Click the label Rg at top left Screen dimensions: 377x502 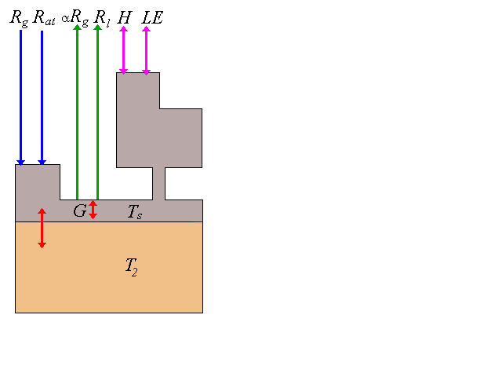point(19,17)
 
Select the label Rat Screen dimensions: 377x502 point(44,17)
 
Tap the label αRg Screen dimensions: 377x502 point(75,16)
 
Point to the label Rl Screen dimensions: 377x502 point(101,16)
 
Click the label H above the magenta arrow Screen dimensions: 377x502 point(124,16)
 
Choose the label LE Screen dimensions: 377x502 point(152,16)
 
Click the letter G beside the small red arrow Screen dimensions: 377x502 point(80,210)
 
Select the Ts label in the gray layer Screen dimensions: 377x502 point(135,211)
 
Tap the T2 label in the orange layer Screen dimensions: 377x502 point(132,265)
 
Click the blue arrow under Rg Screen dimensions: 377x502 point(21,94)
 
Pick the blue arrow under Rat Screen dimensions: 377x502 point(42,94)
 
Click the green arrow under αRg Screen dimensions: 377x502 point(77,110)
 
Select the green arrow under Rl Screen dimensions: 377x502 point(97,110)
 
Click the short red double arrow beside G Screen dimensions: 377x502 point(93,210)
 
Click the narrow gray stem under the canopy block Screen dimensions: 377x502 point(158,184)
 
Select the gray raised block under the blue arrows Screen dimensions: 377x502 point(37,182)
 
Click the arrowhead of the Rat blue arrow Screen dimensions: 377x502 point(42,161)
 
